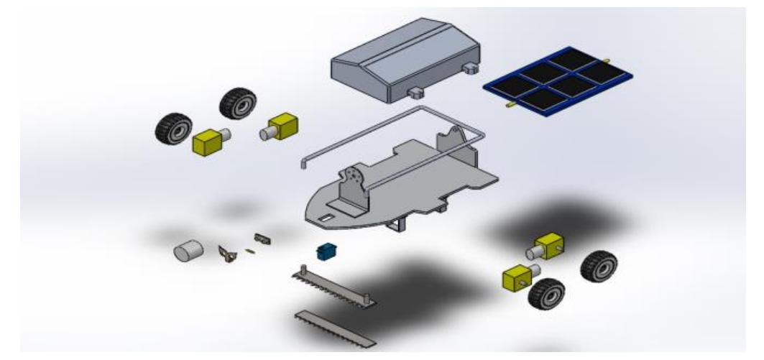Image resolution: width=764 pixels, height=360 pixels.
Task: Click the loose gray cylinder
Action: [x=188, y=251]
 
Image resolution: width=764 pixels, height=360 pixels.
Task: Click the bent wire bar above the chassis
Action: [x=388, y=129]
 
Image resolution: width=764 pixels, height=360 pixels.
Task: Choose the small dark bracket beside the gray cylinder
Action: [x=229, y=254]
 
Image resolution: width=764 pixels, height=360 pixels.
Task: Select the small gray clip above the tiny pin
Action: [x=262, y=238]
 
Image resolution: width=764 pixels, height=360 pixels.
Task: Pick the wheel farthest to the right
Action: [x=599, y=266]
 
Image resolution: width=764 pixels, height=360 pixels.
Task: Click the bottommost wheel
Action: [x=546, y=294]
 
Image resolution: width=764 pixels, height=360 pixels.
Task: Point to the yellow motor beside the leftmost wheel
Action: [x=209, y=140]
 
